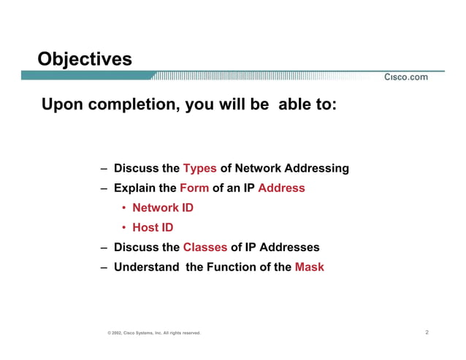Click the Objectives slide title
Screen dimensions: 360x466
85,58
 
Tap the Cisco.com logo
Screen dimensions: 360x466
406,78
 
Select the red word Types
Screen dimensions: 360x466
199,169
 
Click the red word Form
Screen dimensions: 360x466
194,188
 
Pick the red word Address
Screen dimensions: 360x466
281,188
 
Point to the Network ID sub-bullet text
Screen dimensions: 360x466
163,208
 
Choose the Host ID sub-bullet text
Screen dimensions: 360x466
153,228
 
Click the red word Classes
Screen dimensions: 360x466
205,248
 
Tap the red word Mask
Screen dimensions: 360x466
309,267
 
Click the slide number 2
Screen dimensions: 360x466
427,333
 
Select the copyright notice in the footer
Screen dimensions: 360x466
153,334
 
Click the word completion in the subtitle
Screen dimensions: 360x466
132,105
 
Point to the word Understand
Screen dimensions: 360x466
146,267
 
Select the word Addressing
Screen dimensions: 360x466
320,169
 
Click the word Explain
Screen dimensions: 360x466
135,188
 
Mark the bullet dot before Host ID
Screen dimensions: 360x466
124,228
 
